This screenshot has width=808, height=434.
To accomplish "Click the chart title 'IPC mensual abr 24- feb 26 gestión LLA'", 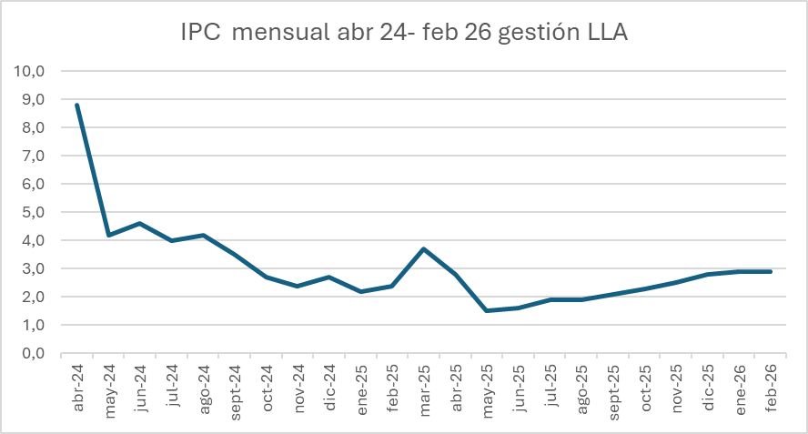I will tap(404, 33).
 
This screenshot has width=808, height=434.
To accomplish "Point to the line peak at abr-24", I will tap(76, 105).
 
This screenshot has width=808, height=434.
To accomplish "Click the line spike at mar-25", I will tap(424, 248).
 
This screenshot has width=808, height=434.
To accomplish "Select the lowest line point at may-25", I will tap(487, 310).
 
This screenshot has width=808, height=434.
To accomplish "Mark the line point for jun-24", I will tap(139, 223).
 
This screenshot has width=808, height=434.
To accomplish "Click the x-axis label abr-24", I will tap(78, 389).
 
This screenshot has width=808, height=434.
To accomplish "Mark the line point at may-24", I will tap(108, 235).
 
